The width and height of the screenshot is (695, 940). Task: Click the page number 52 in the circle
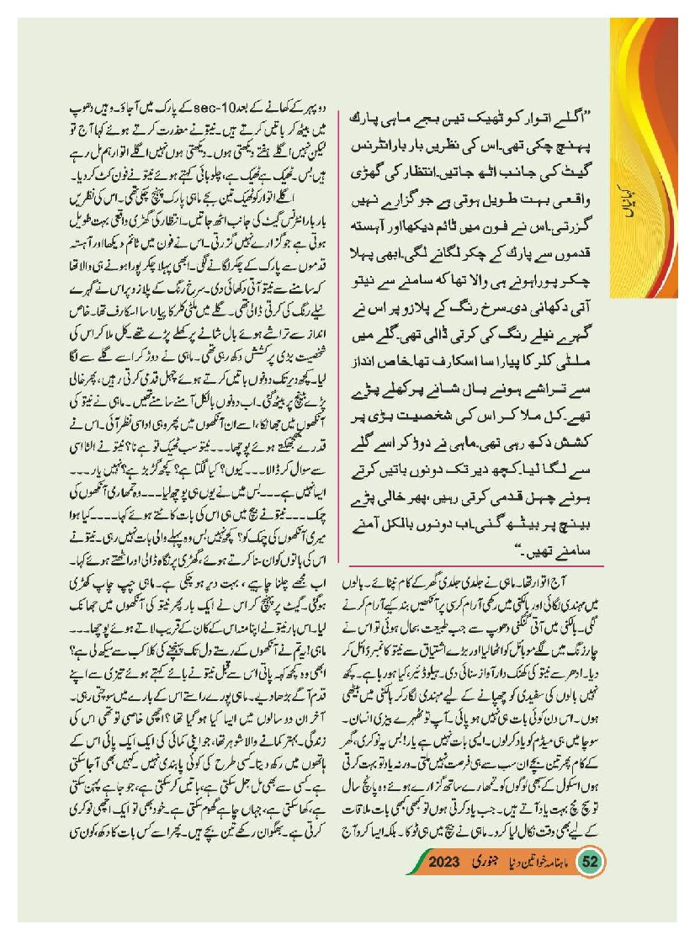[x=590, y=863]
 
